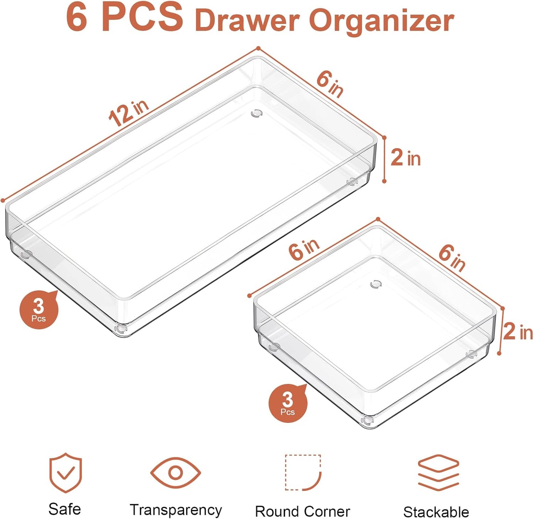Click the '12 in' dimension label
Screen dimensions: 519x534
(128, 113)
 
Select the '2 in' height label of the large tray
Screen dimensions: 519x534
(405, 158)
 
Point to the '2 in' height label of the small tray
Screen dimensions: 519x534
(518, 332)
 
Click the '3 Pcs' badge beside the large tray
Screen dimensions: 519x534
(39, 310)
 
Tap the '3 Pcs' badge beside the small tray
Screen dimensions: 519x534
(288, 403)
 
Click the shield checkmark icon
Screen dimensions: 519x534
(65, 473)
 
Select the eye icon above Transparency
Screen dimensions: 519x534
(176, 472)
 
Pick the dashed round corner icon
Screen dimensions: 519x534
(303, 472)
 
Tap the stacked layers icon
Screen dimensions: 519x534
(438, 473)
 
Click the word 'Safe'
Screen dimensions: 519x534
(65, 509)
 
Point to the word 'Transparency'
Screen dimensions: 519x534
(176, 510)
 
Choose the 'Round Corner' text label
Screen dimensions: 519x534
(302, 512)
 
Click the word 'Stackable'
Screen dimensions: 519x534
(436, 512)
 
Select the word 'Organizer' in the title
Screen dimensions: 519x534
(381, 21)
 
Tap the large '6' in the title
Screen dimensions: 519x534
(77, 17)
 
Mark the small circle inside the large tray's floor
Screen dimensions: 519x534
(256, 113)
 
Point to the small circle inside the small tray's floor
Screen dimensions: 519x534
(375, 284)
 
